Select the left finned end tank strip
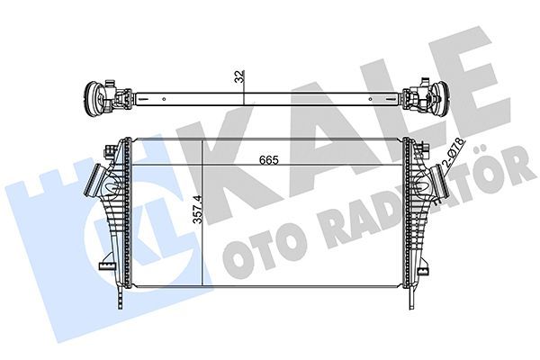point(128,216)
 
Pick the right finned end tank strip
point(410,216)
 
